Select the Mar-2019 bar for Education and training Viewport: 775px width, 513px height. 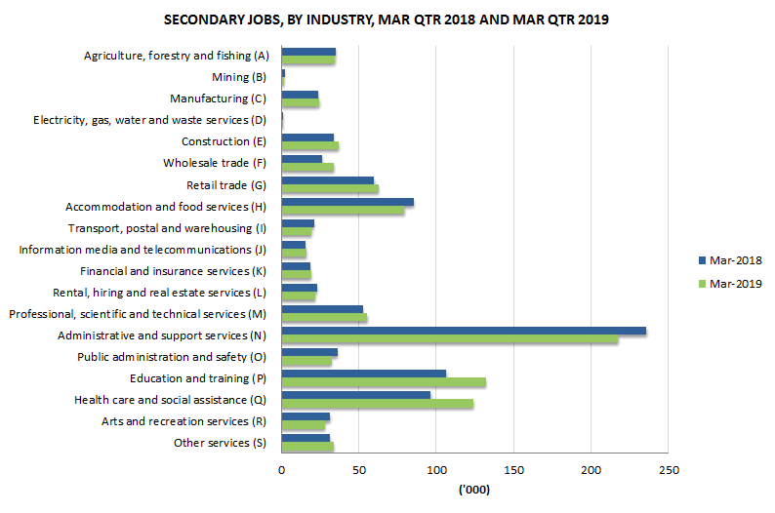384,382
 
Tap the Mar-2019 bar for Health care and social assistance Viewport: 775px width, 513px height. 377,404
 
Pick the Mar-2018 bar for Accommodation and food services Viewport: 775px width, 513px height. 347,202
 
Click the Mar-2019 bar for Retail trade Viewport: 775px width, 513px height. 330,188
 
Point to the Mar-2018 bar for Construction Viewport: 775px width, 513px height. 307,138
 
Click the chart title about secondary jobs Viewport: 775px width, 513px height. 386,20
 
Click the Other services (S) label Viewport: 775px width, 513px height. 220,443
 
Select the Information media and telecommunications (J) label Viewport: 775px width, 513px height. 143,250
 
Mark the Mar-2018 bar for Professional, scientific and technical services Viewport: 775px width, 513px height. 322,310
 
